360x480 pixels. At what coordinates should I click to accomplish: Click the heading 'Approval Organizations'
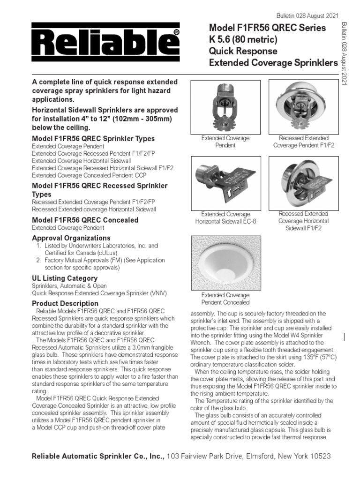[71, 238]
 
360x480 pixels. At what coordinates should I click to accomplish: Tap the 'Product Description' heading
[65, 303]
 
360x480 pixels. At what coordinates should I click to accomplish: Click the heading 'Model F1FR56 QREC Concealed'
[85, 220]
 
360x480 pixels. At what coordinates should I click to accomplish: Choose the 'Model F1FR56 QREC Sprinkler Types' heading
[93, 139]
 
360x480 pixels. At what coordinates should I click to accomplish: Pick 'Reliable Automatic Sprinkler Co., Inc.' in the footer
[97, 456]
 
